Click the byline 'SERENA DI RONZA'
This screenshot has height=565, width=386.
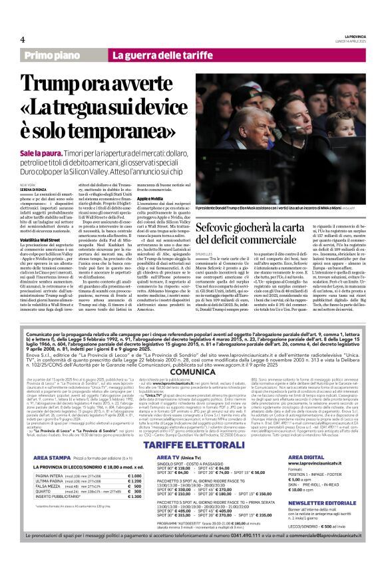click(35, 189)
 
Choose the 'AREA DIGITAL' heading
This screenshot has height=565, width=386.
click(307, 459)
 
